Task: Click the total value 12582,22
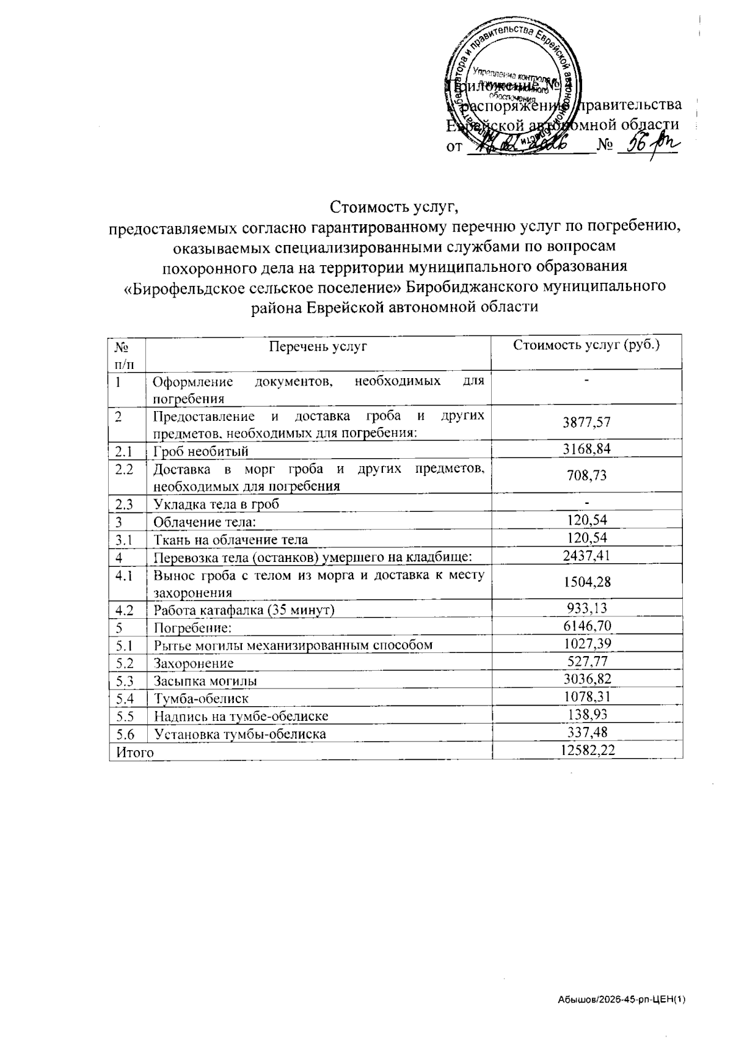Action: tap(587, 750)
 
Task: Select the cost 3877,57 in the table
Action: tap(587, 422)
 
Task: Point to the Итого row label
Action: tap(131, 752)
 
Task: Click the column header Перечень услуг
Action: tap(318, 346)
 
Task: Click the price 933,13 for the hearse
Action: tap(587, 608)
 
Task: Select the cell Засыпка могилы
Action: tap(205, 680)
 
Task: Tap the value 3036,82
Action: tap(587, 679)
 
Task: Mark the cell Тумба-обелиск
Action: tap(201, 698)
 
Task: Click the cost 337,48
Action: tap(587, 732)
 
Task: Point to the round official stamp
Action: tap(510, 86)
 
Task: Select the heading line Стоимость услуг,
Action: tap(394, 206)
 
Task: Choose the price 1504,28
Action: tap(587, 581)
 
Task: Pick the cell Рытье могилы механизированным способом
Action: tap(293, 644)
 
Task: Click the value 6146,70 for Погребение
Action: tap(587, 626)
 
